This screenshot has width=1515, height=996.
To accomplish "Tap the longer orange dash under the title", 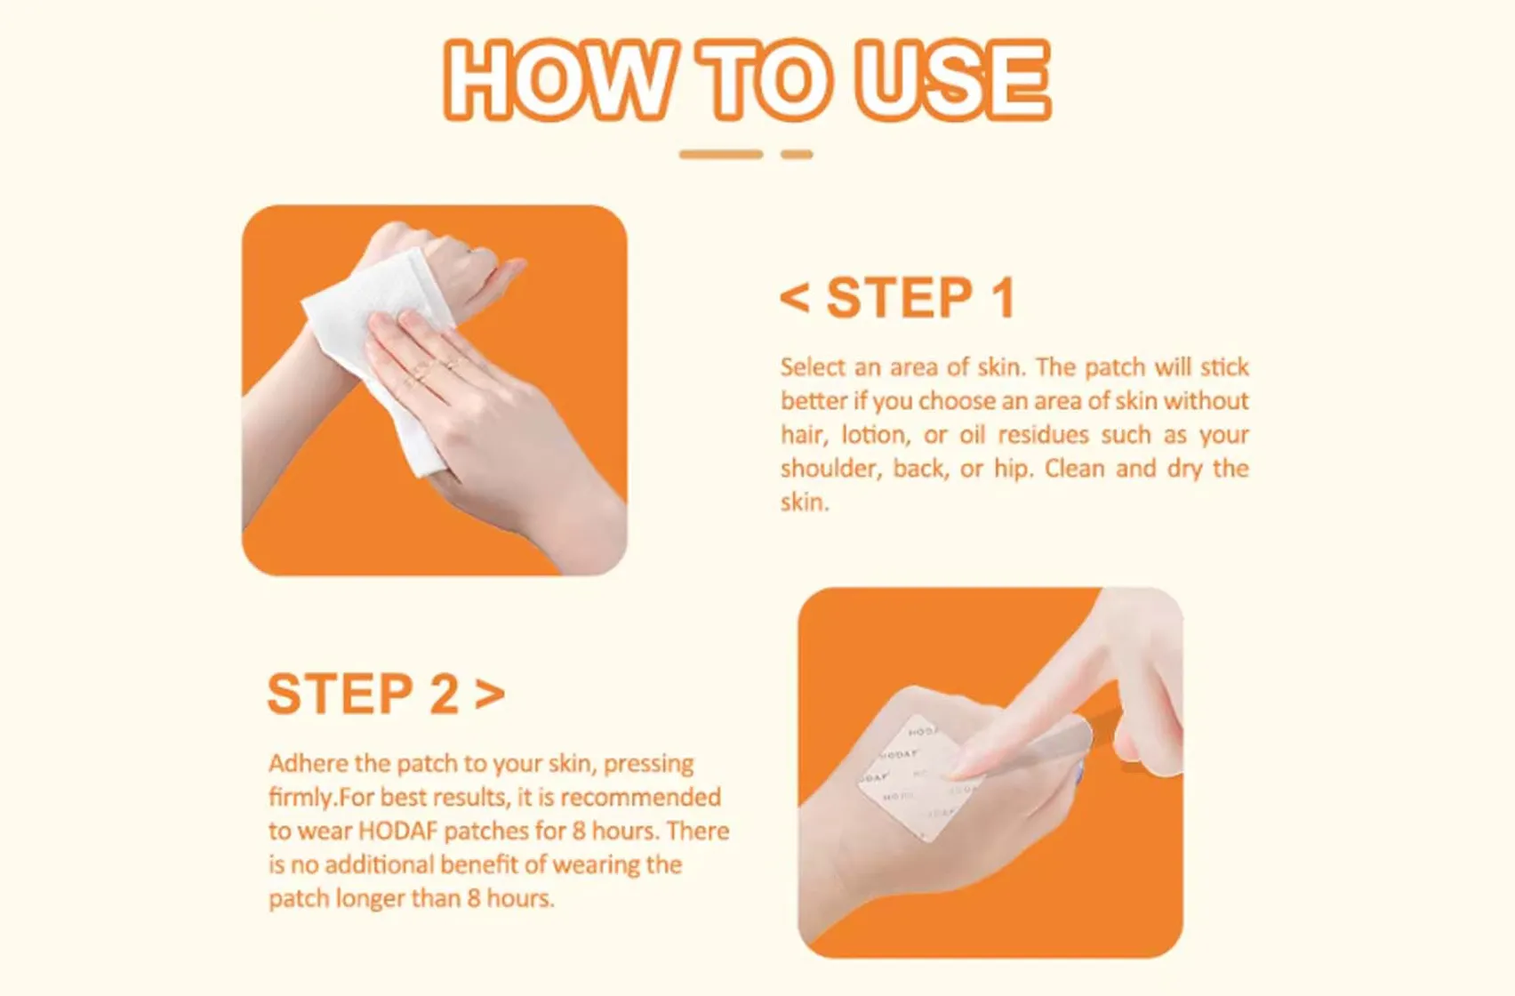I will pyautogui.click(x=721, y=155).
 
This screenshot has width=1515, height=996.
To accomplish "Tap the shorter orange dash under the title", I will pyautogui.click(x=797, y=155).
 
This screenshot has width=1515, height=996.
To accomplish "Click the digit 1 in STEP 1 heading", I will pyautogui.click(x=1003, y=298).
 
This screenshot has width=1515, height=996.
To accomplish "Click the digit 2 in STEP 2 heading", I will pyautogui.click(x=445, y=695).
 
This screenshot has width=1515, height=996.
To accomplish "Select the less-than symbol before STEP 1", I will pyautogui.click(x=794, y=298).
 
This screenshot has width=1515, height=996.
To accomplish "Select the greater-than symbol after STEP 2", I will pyautogui.click(x=490, y=695).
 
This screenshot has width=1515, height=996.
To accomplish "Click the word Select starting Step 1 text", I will pyautogui.click(x=813, y=367).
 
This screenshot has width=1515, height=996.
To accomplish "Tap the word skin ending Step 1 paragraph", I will pyautogui.click(x=803, y=503).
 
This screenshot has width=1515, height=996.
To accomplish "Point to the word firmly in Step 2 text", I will pyautogui.click(x=301, y=798).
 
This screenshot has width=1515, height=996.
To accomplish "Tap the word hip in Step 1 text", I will pyautogui.click(x=1012, y=469).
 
